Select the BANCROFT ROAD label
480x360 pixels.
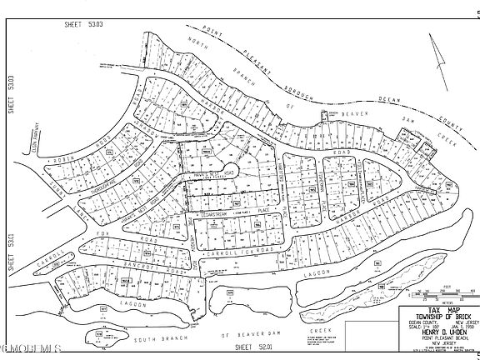(x=129, y=267)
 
